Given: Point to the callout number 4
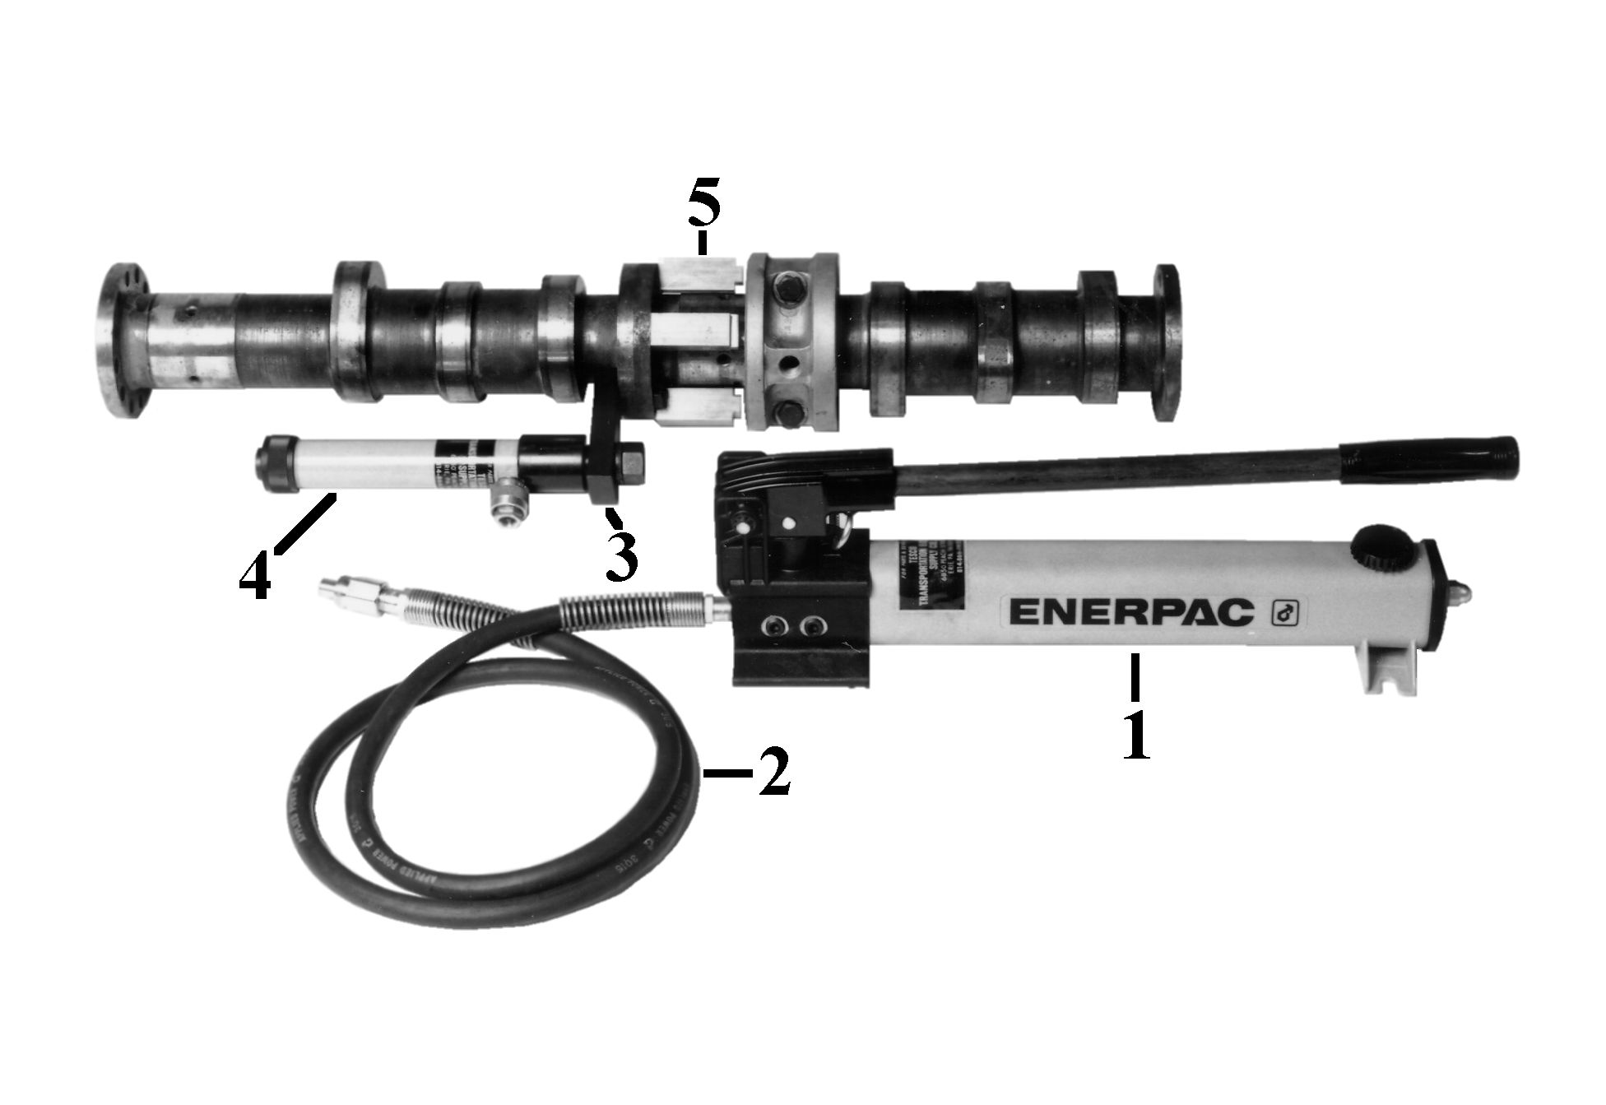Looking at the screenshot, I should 254,576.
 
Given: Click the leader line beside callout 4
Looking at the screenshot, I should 304,522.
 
